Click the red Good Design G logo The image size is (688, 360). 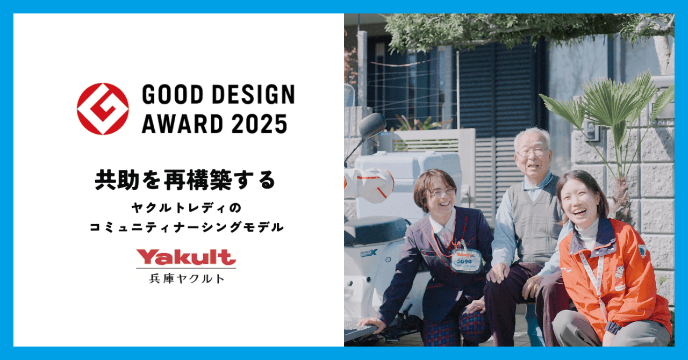point(103,109)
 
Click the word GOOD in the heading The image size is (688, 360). point(173,95)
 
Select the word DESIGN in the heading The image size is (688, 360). point(253,95)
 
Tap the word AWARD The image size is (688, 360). point(182,124)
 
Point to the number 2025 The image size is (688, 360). point(260,124)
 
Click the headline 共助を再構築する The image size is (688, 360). point(185,180)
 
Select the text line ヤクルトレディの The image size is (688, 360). point(187,208)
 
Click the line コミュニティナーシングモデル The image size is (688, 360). point(187,227)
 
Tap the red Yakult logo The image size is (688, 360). point(186,257)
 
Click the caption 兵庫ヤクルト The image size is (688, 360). point(187,279)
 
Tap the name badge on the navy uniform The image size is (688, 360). point(465,260)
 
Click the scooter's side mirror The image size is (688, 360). point(372,126)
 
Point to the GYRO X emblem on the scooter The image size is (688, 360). point(369,253)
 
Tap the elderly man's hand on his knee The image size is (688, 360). point(498,272)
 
